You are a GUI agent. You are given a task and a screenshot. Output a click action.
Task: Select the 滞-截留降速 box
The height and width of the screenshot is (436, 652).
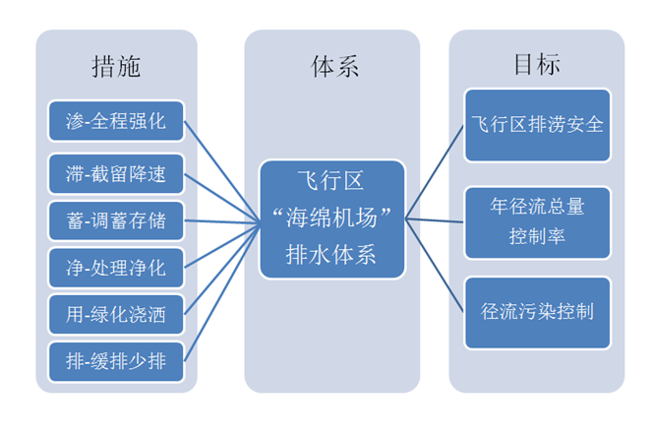[115, 176]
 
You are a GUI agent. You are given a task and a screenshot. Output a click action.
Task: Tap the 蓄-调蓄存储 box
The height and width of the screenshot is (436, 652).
[115, 220]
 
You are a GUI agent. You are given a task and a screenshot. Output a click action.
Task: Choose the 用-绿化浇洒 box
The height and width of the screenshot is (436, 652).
[115, 316]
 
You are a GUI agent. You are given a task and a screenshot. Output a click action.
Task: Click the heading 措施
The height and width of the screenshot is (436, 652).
[116, 66]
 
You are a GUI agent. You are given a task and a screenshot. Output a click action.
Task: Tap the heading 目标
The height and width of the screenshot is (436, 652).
[537, 66]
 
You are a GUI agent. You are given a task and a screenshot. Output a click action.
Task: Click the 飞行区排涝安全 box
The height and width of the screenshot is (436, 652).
[537, 126]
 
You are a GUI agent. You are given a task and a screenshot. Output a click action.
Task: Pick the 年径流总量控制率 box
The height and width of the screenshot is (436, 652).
[537, 221]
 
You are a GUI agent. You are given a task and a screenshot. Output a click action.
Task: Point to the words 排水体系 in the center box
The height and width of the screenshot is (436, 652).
[333, 254]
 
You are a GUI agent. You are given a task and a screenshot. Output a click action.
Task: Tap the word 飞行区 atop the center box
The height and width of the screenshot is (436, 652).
[333, 182]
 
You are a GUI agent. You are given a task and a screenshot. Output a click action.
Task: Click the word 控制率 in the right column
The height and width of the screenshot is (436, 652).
[537, 236]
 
